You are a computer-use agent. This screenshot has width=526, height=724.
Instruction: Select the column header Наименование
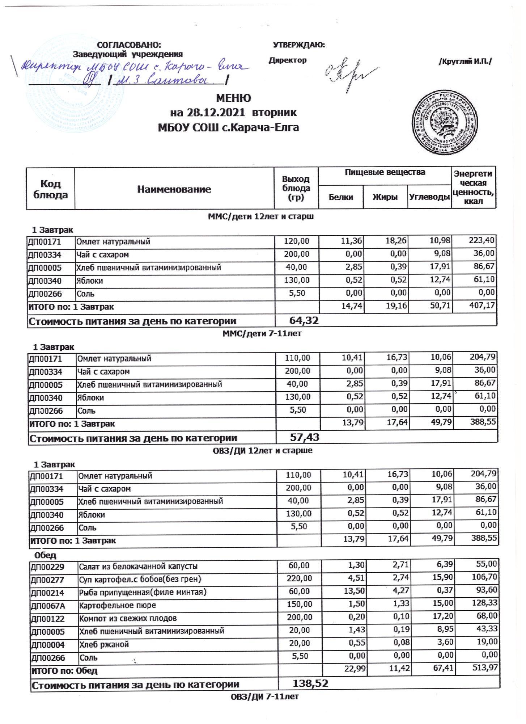point(174,189)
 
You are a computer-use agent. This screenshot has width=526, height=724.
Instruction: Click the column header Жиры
point(385,197)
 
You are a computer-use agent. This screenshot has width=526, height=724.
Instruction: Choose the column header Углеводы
point(429,197)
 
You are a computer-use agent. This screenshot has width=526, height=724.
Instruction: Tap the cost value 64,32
point(304,320)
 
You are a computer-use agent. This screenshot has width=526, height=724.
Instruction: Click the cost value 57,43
point(305,437)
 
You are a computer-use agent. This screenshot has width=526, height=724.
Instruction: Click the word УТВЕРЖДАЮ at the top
point(299,45)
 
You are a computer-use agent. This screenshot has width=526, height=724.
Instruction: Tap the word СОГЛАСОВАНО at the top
point(129,45)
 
